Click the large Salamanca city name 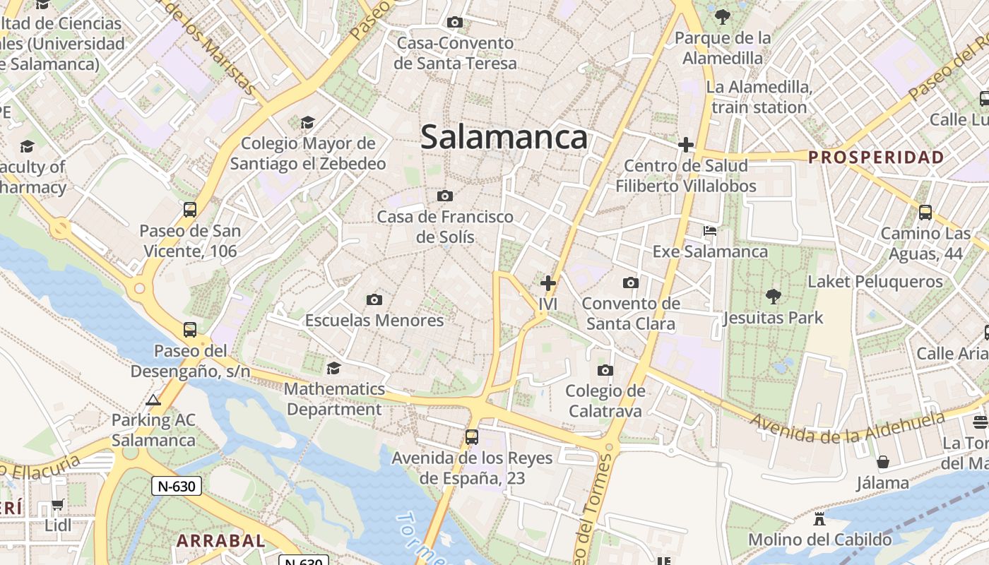point(504,137)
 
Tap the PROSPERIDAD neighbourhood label point(876,157)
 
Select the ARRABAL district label point(220,541)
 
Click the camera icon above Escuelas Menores point(374,300)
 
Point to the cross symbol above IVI point(547,283)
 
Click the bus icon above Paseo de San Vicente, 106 point(189,209)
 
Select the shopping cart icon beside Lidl point(58,505)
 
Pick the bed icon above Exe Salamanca point(710,231)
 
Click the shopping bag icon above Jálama point(882,463)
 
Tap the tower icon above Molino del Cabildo point(819,519)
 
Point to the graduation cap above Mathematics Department point(333,368)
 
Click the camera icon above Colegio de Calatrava point(605,370)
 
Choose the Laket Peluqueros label point(875,282)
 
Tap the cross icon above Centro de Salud point(685,145)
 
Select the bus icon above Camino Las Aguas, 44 point(925,212)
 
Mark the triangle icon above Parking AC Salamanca point(153,400)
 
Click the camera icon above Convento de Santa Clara point(631,283)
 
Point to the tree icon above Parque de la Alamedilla point(722,16)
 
